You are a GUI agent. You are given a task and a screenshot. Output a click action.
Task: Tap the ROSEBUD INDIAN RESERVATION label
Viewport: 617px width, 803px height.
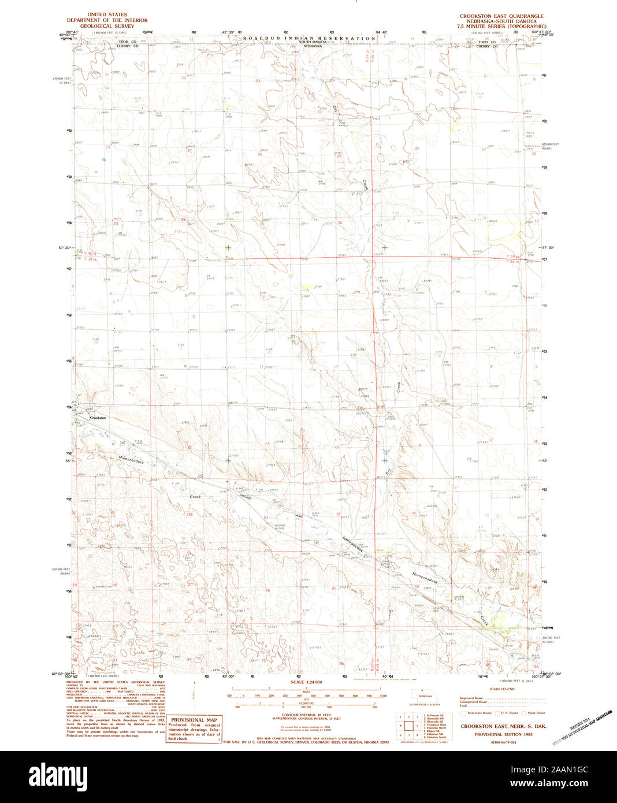(309, 38)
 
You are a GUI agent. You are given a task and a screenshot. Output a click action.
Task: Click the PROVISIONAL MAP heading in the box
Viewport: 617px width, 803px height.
(194, 720)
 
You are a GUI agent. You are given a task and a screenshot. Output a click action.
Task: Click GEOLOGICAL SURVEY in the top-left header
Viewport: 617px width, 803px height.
(107, 26)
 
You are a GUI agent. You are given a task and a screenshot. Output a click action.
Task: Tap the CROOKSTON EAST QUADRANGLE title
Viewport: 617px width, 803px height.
(501, 16)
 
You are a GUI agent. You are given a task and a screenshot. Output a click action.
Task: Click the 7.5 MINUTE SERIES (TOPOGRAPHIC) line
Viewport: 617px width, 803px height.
(501, 27)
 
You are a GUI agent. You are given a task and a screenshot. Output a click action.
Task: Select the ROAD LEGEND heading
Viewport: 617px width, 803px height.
(501, 689)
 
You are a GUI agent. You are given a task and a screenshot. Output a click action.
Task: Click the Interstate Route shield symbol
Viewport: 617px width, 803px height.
(463, 713)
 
